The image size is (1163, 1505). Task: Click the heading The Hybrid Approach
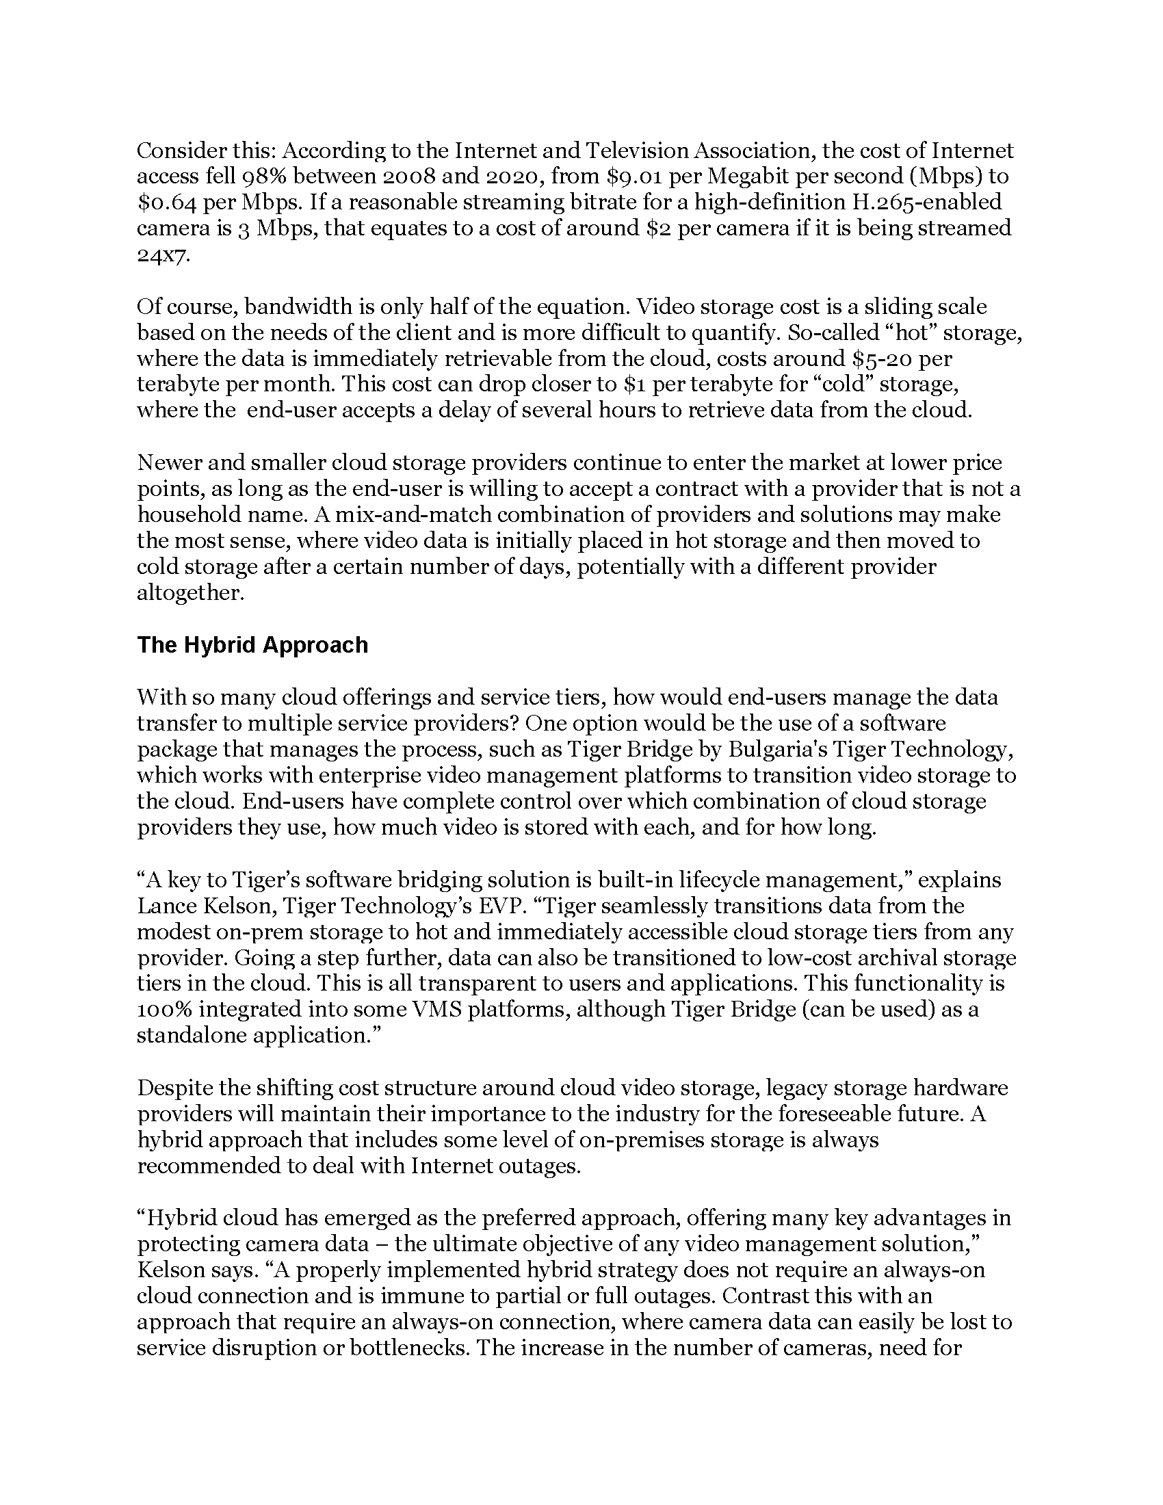point(252,645)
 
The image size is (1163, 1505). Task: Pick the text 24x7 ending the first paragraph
point(163,255)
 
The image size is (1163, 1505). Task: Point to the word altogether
point(190,593)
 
